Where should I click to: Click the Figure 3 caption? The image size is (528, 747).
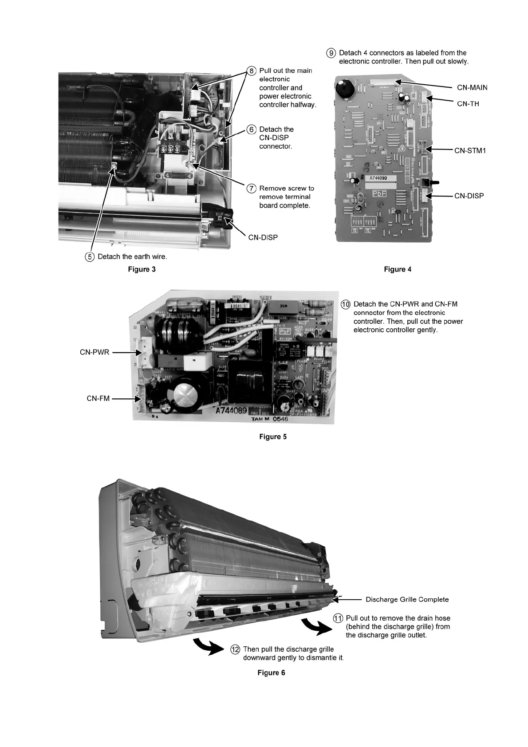(142, 269)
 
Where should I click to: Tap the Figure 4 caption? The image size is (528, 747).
(398, 269)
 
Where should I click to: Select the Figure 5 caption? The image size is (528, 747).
(273, 437)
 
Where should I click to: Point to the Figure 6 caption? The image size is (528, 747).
(271, 673)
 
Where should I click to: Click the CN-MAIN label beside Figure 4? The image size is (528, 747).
(472, 87)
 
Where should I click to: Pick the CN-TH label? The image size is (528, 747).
(468, 104)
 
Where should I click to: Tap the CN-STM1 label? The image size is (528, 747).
(470, 151)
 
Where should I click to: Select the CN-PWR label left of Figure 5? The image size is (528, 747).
(94, 353)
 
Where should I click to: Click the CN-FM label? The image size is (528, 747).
(98, 399)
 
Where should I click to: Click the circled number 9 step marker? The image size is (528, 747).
(331, 53)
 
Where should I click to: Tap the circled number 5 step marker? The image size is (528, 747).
(90, 257)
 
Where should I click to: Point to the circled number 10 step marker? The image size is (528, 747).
(346, 304)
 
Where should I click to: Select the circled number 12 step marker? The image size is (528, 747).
(235, 650)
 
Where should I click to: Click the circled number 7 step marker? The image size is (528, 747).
(251, 189)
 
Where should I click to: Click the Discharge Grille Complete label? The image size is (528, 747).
(407, 600)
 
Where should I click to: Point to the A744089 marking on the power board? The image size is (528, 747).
(231, 410)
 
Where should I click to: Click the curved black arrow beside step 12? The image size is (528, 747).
(208, 646)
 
